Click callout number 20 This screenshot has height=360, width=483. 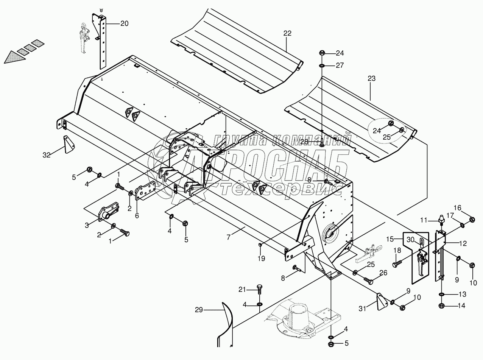coord(124,23)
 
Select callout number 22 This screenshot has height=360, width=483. coord(287,33)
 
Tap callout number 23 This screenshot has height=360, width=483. coord(372,78)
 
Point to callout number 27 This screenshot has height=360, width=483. coord(340,65)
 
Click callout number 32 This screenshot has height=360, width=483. coord(47,155)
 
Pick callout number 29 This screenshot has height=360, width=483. coord(199,310)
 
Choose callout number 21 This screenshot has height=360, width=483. coord(242,290)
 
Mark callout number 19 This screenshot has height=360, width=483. coord(262,258)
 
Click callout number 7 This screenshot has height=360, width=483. coord(228,237)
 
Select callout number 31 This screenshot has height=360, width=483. coord(362,309)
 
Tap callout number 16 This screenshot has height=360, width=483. coord(458,208)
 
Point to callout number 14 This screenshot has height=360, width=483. coord(461,305)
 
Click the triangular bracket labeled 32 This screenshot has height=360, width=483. coord(69,144)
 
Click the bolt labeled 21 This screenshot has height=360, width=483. coord(259,290)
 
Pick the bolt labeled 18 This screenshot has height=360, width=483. coord(397,263)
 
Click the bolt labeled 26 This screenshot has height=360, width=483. coord(368,281)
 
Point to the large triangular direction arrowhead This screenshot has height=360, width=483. coord(14,58)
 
